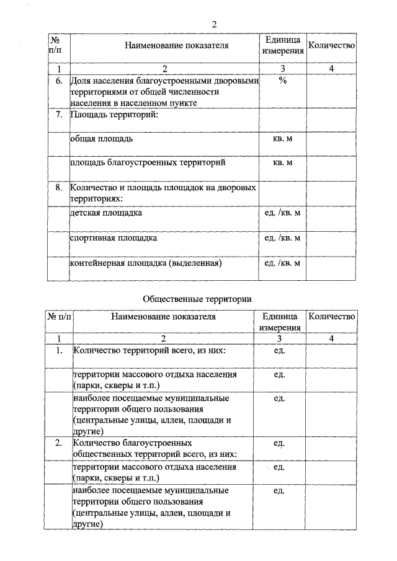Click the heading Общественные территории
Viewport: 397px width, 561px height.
coord(197,298)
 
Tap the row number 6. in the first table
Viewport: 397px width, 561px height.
coord(59,81)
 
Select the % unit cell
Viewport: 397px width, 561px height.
coord(282,81)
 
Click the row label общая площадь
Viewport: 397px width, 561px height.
coord(101,139)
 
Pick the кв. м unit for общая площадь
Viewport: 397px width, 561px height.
coord(282,139)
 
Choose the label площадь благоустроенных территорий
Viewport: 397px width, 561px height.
coord(147,162)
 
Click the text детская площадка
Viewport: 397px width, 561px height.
coord(106,213)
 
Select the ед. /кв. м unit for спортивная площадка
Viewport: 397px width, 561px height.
coord(282,237)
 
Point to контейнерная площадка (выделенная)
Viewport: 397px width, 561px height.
coord(146,263)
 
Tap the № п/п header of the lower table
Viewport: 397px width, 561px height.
coord(59,317)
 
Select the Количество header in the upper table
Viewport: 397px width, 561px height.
coord(332,45)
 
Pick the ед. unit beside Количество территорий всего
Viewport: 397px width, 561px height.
coord(279,350)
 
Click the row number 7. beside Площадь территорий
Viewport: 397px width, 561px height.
coord(59,115)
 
